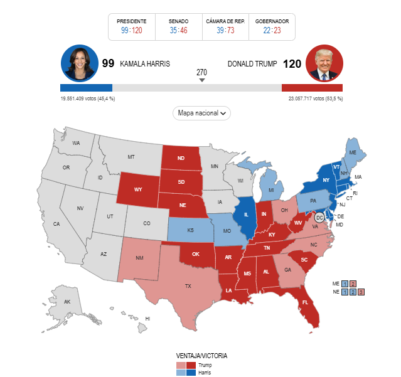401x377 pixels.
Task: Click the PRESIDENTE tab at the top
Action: [132, 26]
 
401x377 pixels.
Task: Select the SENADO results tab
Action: [178, 26]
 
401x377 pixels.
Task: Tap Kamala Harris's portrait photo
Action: [79, 63]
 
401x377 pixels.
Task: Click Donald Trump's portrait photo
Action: [324, 63]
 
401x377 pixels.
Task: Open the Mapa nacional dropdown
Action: [201, 113]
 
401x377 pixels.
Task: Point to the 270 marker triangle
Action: [201, 80]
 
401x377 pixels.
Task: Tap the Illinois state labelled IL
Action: [246, 215]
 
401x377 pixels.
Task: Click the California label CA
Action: [56, 224]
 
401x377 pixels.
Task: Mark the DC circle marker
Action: [319, 218]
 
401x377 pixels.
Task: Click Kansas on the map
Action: [190, 230]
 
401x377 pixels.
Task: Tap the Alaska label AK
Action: [67, 302]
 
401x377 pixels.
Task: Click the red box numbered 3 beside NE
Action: [361, 292]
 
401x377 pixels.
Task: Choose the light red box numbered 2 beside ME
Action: [353, 284]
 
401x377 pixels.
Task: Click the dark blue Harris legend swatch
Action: [191, 373]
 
